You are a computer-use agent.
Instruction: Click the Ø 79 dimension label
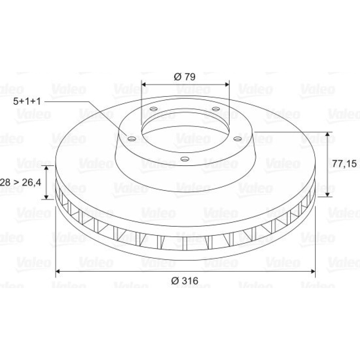[x=185, y=77]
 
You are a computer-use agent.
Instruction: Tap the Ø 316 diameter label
[x=185, y=280]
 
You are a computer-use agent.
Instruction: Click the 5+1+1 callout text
[x=27, y=101]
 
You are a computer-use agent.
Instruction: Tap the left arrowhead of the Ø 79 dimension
[x=144, y=84]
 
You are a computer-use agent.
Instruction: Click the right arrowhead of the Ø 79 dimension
[x=227, y=84]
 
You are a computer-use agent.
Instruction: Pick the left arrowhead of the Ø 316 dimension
[x=58, y=271]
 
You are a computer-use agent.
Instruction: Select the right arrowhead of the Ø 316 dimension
[x=313, y=271]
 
